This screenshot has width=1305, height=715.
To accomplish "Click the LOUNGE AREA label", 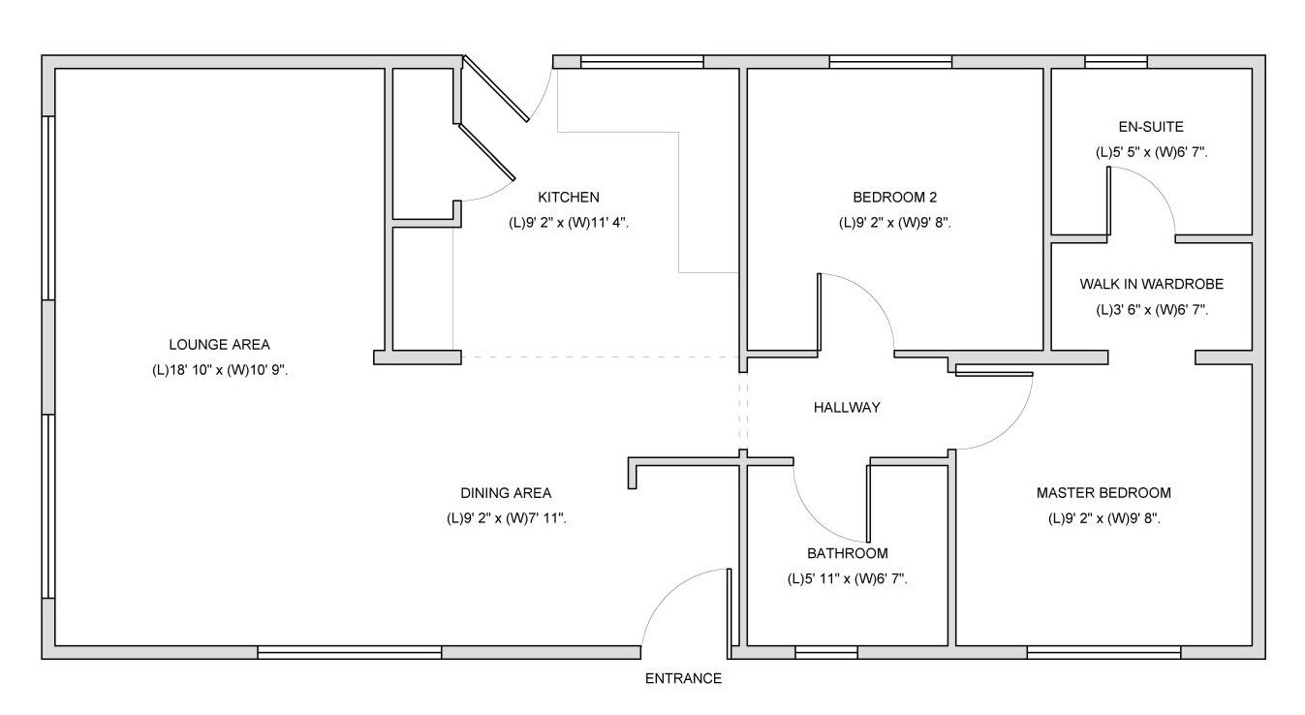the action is click(220, 344).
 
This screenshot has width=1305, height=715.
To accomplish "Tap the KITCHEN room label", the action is click(569, 197).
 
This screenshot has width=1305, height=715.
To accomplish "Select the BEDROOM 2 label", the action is click(895, 197).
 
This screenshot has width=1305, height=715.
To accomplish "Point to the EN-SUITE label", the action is click(1151, 127).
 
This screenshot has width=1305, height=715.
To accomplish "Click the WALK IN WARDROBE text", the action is click(1152, 284).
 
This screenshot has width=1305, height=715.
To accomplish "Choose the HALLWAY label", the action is click(847, 407).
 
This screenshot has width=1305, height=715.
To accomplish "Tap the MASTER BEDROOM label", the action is click(1104, 493).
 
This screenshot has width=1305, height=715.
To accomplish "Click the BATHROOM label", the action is click(848, 553).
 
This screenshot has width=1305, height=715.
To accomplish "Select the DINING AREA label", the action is click(507, 493).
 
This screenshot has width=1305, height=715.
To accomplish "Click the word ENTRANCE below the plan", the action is click(683, 678).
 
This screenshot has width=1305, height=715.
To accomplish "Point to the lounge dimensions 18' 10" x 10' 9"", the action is click(220, 370).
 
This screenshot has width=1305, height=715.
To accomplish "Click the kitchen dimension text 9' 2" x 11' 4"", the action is click(570, 223).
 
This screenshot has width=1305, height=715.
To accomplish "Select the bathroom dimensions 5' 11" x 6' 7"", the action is click(848, 579).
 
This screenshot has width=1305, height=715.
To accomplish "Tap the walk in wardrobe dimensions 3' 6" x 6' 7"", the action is click(1152, 309).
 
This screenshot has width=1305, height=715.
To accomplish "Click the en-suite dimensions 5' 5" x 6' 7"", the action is click(1152, 152).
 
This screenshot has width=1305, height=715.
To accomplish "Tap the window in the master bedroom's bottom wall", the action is click(1104, 652).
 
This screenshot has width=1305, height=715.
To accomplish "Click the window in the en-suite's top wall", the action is click(1116, 62).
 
